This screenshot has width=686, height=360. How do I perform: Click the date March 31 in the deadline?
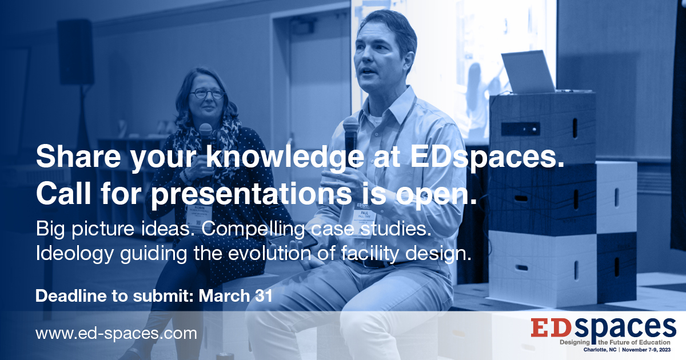click(x=236, y=296)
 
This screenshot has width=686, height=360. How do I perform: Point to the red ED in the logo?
click(x=551, y=327)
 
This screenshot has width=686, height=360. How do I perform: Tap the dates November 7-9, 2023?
click(x=646, y=350)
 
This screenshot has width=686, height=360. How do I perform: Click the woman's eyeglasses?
click(x=208, y=93)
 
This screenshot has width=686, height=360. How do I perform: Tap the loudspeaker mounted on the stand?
click(x=75, y=52)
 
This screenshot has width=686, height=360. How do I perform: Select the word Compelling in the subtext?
click(x=253, y=230)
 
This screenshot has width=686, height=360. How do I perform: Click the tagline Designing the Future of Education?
click(x=615, y=342)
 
